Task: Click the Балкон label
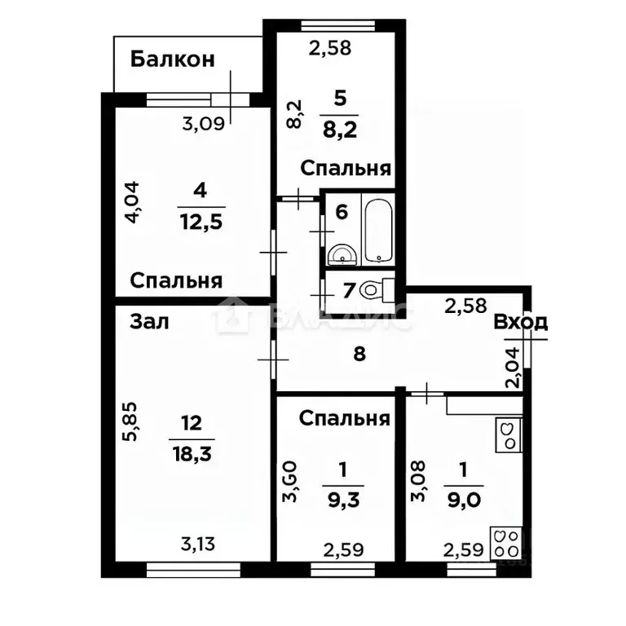pyautogui.click(x=172, y=59)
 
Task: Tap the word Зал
pyautogui.click(x=149, y=322)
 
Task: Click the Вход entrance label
pyautogui.click(x=519, y=322)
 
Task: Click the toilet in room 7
pyautogui.click(x=377, y=289)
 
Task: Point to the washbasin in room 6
pyautogui.click(x=342, y=256)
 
